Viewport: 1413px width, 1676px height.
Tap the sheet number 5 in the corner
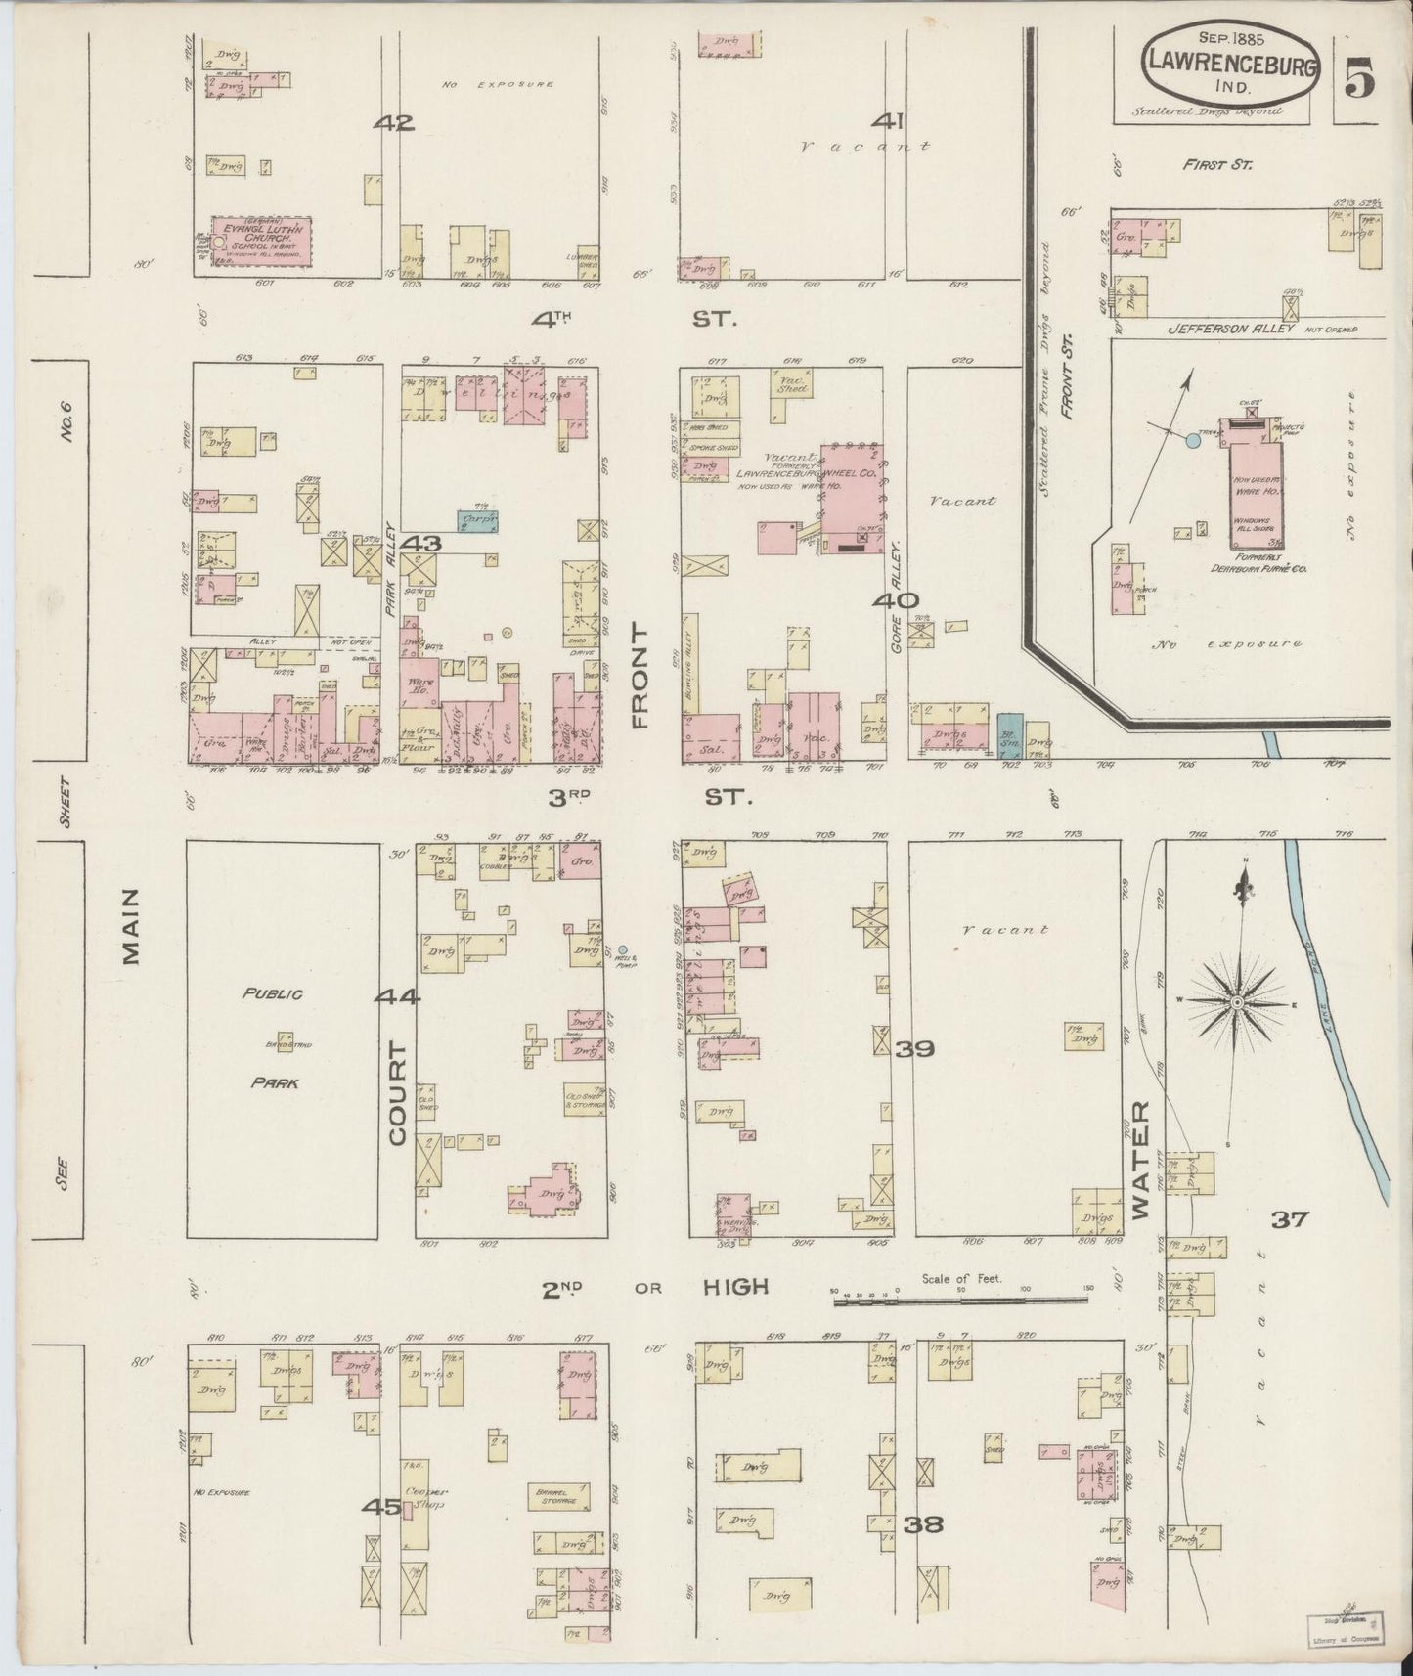1358,76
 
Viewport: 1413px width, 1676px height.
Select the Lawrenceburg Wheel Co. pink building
853,499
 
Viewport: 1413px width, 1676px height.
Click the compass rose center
1236,1003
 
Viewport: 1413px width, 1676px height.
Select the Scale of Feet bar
958,1301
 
